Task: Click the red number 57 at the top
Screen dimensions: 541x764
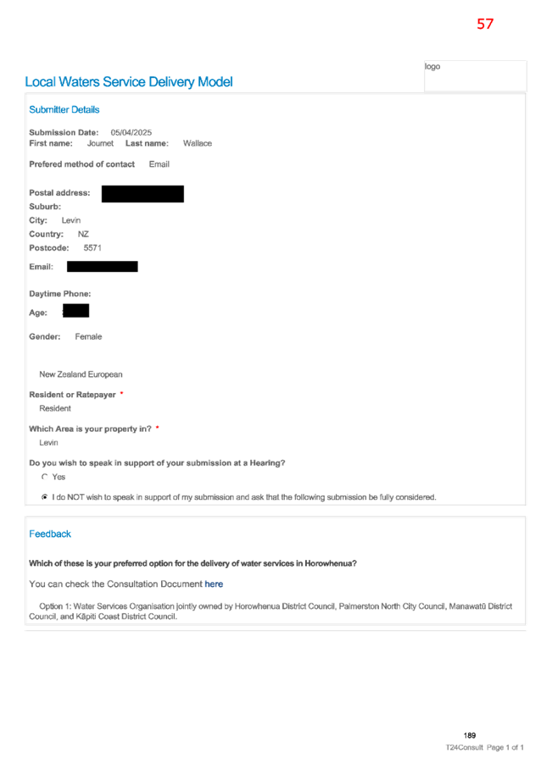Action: tap(485, 24)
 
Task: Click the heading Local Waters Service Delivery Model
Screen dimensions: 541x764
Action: tap(129, 82)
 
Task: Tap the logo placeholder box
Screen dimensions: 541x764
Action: tap(475, 75)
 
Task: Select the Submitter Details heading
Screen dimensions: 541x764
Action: tap(64, 109)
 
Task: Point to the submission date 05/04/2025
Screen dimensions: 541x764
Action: tap(131, 132)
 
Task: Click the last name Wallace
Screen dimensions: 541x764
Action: tap(198, 143)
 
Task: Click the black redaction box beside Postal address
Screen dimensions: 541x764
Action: tap(142, 194)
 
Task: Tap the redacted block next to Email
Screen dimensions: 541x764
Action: tap(103, 267)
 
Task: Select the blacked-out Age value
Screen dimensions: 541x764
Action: tap(75, 311)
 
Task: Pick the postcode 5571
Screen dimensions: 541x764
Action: tap(92, 248)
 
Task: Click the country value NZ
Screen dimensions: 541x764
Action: tap(83, 235)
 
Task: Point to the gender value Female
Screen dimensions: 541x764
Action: tap(88, 337)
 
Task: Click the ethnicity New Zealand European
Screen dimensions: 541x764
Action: tap(81, 374)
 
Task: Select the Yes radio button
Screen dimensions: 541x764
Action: tap(45, 477)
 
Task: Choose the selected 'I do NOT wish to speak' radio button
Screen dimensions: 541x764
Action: tap(45, 497)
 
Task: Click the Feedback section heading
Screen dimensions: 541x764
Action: tap(50, 534)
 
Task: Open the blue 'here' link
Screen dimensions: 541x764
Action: tap(214, 584)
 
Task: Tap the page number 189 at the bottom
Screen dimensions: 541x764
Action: tap(470, 735)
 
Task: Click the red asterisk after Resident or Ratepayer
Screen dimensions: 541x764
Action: tap(121, 393)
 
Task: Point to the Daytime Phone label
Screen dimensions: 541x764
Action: tap(60, 294)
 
